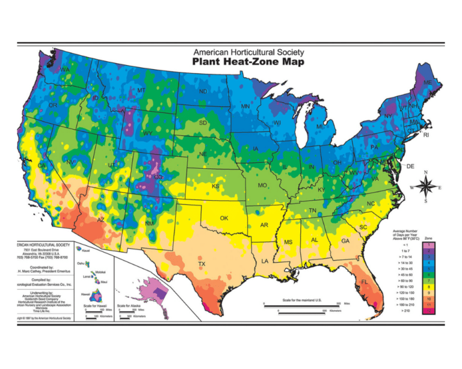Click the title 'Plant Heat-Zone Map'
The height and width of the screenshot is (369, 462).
pos(247,61)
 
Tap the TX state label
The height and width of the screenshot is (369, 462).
pos(202,264)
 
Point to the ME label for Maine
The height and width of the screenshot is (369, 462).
pos(428,82)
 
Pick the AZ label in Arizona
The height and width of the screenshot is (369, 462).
pos(100,220)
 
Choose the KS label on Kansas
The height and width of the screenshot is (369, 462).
pos(215,186)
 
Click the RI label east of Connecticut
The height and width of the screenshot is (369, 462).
pos(426,136)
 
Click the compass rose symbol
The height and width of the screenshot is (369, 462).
pos(425,187)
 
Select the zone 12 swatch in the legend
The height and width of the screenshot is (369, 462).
pos(427,310)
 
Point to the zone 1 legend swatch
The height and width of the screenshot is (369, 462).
pos(427,245)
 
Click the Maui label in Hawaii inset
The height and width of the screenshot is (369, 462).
pos(105,282)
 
